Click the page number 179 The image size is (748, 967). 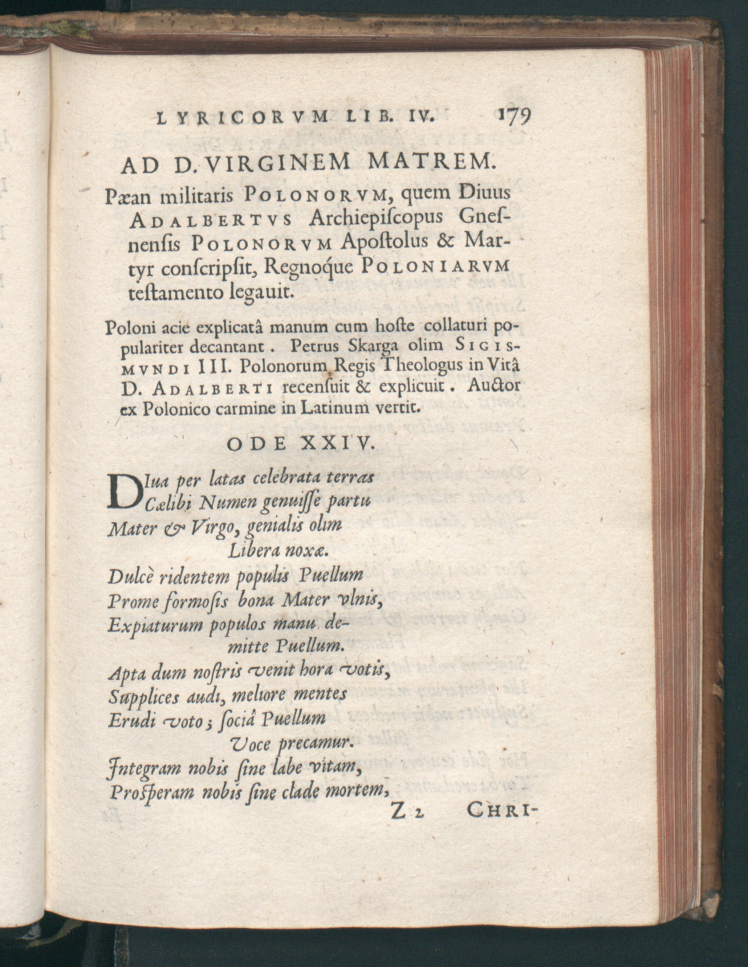[x=513, y=119]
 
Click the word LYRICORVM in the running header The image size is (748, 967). [x=243, y=118]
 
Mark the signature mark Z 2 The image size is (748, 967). [x=406, y=813]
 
